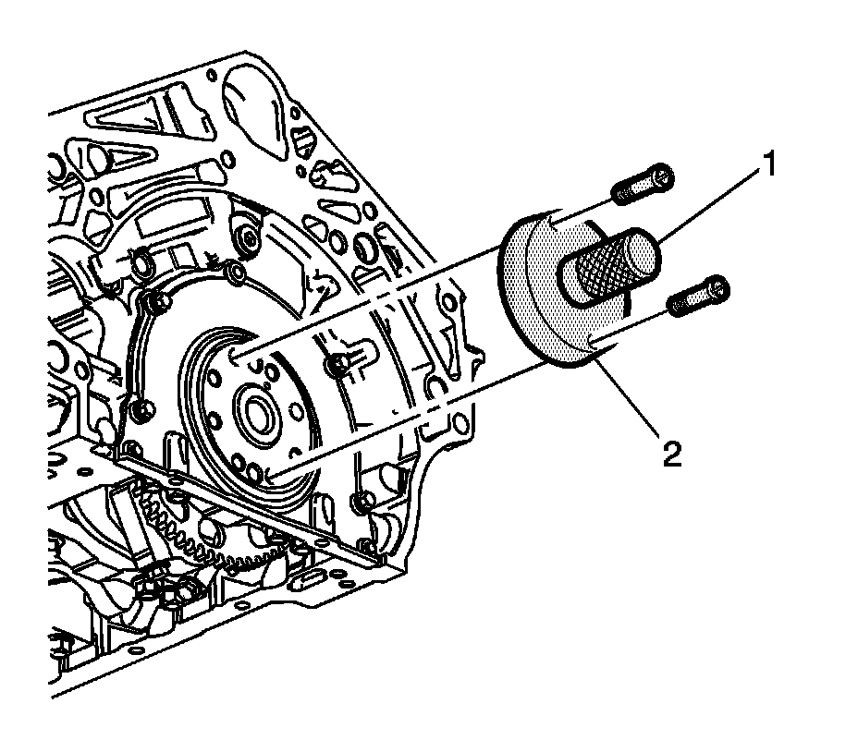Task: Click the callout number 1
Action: click(769, 167)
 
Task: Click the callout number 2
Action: click(672, 454)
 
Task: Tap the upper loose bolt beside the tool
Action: click(643, 185)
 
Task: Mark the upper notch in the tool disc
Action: click(548, 221)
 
